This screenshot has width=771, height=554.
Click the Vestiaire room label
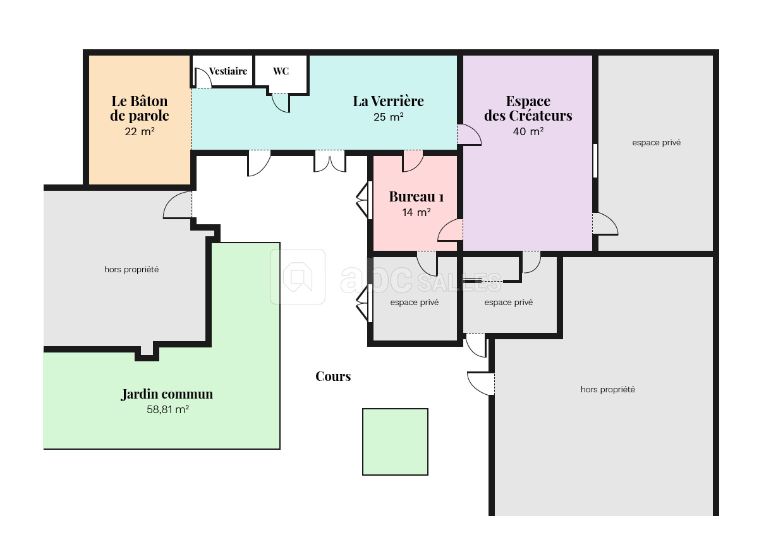(228, 71)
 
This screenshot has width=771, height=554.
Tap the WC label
(281, 71)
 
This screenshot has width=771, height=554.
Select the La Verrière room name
(388, 101)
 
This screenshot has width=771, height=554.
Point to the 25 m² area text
(388, 117)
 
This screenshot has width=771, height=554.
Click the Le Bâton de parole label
(140, 108)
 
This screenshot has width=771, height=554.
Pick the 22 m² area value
(140, 131)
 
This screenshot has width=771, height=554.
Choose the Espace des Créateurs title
(528, 108)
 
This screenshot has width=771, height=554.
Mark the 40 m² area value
(528, 131)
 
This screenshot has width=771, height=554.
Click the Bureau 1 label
(416, 196)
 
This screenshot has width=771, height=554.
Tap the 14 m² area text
(416, 212)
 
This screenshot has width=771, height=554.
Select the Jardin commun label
(167, 394)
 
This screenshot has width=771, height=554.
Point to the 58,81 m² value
(167, 409)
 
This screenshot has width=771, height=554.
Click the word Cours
(333, 376)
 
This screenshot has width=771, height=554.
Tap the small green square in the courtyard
(395, 442)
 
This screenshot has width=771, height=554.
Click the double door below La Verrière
(330, 161)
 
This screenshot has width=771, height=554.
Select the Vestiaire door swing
(202, 78)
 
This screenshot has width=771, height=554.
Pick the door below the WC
(280, 102)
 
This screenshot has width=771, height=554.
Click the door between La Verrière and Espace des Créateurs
(468, 135)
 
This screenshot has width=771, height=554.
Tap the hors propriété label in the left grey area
(131, 270)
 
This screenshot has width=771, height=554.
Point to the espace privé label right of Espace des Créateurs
(656, 143)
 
